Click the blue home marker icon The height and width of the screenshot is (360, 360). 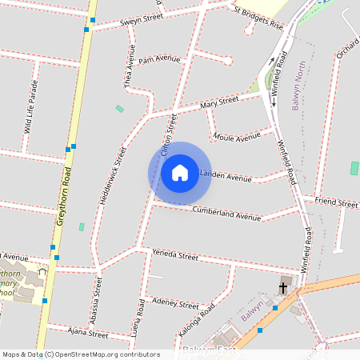pyautogui.click(x=180, y=173)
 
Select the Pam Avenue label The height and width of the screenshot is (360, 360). pyautogui.click(x=159, y=59)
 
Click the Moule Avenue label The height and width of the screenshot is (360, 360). pyautogui.click(x=238, y=138)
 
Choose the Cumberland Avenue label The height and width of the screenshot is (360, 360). pyautogui.click(x=227, y=214)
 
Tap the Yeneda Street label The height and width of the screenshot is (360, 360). pyautogui.click(x=175, y=256)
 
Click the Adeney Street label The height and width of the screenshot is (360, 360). pyautogui.click(x=174, y=303)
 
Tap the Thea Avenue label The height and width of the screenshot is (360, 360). pyautogui.click(x=128, y=66)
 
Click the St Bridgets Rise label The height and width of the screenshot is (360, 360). pyautogui.click(x=258, y=18)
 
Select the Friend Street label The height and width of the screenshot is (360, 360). pyautogui.click(x=335, y=202)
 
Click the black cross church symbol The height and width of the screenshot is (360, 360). pyautogui.click(x=282, y=287)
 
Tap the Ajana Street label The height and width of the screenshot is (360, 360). pyautogui.click(x=88, y=333)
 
